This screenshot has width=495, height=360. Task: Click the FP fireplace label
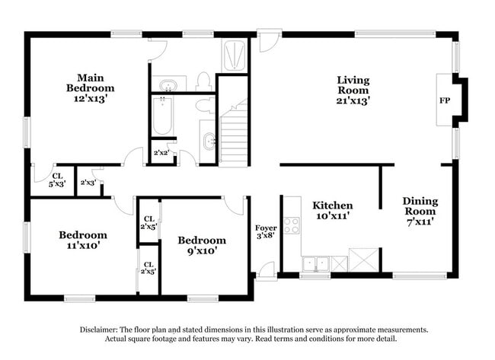point(444,100)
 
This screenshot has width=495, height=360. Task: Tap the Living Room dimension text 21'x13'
point(353,100)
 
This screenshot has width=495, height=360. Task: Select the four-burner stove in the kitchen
point(292,225)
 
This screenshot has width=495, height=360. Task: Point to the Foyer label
point(265,227)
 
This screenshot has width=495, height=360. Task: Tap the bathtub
point(162,115)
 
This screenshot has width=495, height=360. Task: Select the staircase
point(234,134)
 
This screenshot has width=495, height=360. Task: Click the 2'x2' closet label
point(161,152)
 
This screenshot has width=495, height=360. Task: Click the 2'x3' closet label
point(88,182)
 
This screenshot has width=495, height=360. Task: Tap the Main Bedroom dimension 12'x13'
point(95,98)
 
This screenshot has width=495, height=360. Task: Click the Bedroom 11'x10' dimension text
point(83,245)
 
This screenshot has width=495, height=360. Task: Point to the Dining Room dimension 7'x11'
point(420,221)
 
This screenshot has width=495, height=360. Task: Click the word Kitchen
point(332,205)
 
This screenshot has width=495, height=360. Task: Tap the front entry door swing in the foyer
point(265,269)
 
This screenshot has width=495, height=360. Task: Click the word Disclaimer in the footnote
point(102,330)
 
